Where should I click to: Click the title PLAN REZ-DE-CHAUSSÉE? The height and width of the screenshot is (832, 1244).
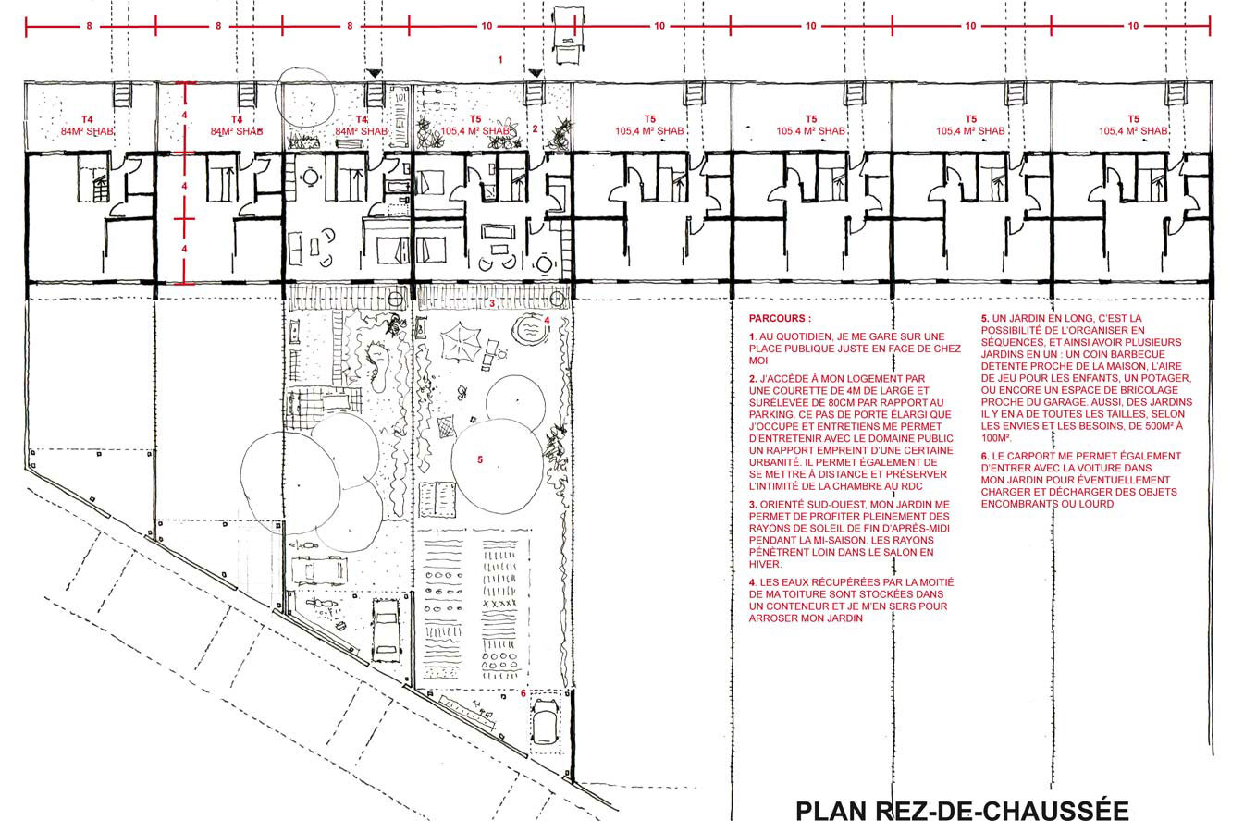963,811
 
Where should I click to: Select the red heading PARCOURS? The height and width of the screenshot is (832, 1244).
780,319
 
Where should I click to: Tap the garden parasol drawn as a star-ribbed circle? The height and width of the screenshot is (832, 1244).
461,342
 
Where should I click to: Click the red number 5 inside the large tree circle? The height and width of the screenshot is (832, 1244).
480,459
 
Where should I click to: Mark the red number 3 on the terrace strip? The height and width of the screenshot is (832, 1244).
492,303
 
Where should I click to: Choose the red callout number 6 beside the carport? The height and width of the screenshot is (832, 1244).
523,693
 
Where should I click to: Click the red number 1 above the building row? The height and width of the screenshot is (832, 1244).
500,59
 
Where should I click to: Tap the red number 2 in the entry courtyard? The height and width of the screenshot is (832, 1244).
535,128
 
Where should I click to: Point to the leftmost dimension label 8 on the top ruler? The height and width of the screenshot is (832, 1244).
89,26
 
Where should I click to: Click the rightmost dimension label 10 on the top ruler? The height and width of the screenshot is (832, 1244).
1133,26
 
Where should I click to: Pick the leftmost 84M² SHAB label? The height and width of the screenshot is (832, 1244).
87,132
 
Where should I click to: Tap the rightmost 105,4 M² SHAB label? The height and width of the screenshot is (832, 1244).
1133,131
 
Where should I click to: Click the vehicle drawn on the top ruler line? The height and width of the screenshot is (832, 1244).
568,35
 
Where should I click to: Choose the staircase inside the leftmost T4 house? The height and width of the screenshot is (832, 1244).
92,177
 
